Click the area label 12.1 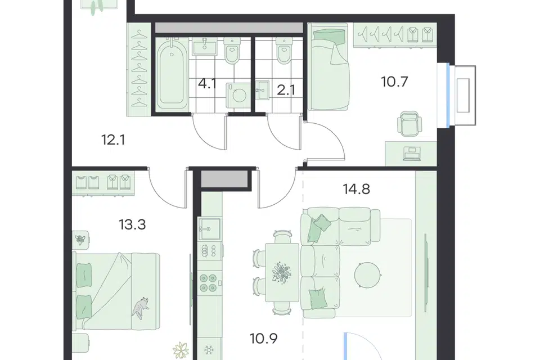113,140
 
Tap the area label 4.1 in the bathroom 207,84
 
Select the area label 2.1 286,90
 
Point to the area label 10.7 394,82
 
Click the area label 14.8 357,189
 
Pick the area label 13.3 132,224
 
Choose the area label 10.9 264,339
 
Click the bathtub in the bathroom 172,74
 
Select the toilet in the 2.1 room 285,51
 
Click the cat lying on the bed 140,306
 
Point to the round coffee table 368,275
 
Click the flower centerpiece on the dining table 282,273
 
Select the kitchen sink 209,229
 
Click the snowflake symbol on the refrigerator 209,350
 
